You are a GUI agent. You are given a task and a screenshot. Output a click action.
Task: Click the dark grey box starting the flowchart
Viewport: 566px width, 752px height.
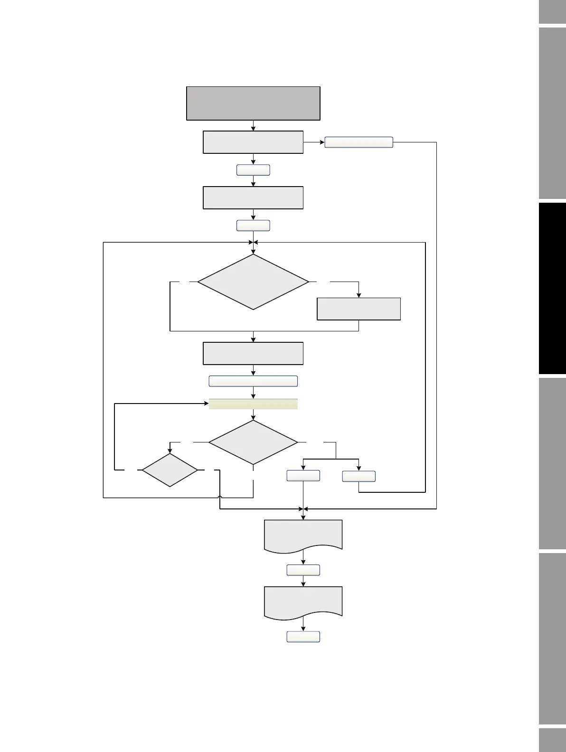(x=253, y=103)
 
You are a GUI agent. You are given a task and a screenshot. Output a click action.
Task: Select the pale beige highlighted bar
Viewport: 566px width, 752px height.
(x=253, y=404)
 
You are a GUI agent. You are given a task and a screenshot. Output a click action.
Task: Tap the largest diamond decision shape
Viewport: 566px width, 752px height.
(x=253, y=282)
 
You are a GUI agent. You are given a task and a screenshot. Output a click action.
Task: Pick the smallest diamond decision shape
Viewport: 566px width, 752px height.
(x=170, y=470)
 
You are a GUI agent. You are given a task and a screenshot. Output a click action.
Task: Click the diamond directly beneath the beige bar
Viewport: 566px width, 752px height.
(x=253, y=442)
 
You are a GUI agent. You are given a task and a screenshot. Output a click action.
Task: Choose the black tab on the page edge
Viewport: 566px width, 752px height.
(x=552, y=288)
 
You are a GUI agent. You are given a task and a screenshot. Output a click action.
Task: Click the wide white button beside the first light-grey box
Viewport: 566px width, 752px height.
(x=358, y=142)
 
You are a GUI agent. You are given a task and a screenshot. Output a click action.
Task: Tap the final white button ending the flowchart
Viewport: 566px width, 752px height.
(x=303, y=637)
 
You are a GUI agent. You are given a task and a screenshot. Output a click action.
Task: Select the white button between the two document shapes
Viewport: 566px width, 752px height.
(x=303, y=570)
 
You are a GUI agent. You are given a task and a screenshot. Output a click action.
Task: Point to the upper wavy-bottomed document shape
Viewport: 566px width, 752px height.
(x=303, y=535)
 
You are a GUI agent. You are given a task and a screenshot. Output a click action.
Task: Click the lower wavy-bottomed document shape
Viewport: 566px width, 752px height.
(x=303, y=602)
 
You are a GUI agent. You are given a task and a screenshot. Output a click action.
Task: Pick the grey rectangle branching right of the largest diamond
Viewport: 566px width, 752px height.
(x=358, y=309)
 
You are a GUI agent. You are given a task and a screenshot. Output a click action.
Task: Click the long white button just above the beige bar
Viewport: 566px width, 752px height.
(x=253, y=381)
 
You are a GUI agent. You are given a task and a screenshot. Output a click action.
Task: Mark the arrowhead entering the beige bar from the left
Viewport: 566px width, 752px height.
(x=207, y=404)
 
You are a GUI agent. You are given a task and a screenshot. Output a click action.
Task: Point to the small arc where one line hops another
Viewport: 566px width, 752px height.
(x=219, y=498)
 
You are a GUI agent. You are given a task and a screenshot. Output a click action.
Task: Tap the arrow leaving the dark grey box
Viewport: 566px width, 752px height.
(x=253, y=126)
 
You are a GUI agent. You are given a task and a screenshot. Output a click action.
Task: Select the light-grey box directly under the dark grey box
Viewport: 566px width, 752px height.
(x=253, y=142)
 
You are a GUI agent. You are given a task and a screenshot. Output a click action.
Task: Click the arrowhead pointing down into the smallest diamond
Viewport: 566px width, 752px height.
(x=170, y=451)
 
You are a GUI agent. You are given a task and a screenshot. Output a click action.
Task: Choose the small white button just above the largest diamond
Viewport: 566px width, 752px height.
(x=253, y=226)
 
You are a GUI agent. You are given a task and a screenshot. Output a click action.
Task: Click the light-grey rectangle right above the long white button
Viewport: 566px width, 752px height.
(x=253, y=353)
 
